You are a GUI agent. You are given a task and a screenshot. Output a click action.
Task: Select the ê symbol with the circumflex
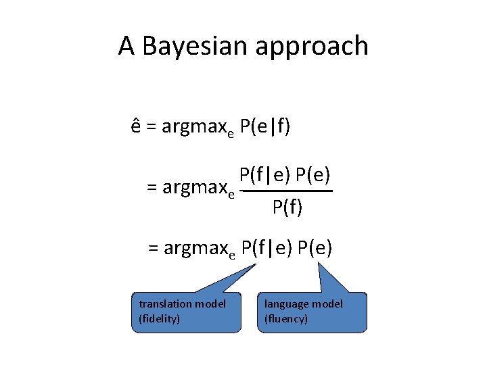(x=136, y=127)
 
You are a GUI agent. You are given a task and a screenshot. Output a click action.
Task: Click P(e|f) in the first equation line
(x=265, y=127)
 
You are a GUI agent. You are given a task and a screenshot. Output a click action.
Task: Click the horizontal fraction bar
(x=287, y=192)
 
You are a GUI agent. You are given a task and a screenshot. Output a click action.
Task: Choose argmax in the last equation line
(x=195, y=249)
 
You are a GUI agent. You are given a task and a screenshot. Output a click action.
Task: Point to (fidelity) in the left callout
(x=160, y=318)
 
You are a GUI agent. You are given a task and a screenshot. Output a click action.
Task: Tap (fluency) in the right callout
(x=286, y=318)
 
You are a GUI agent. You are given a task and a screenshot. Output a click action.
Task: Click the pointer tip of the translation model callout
(x=256, y=264)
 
